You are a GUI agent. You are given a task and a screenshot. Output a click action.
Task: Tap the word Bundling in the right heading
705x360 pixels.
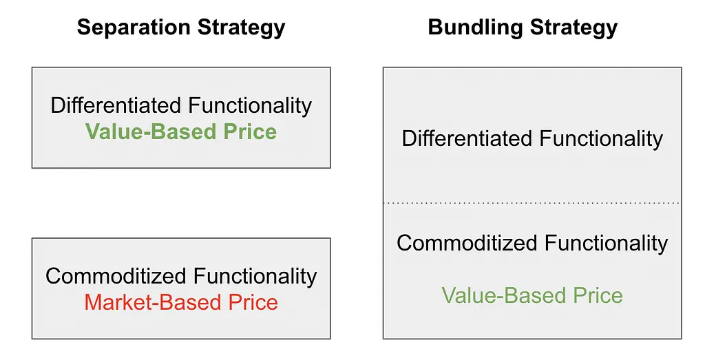pyautogui.click(x=475, y=28)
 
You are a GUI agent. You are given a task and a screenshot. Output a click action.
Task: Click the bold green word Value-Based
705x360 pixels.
pyautogui.click(x=145, y=131)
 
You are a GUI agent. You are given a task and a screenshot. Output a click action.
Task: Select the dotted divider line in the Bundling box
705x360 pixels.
pyautogui.click(x=532, y=203)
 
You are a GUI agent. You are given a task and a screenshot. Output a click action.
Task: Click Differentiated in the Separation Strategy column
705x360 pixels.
pyautogui.click(x=116, y=105)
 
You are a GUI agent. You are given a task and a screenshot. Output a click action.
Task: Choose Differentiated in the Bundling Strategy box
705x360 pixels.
pyautogui.click(x=467, y=138)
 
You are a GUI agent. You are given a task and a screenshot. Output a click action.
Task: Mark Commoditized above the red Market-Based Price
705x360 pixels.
pyautogui.click(x=116, y=275)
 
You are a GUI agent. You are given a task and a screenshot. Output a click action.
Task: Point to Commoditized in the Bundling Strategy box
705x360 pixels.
pyautogui.click(x=467, y=243)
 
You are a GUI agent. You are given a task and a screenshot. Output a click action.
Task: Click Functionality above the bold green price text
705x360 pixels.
pyautogui.click(x=249, y=106)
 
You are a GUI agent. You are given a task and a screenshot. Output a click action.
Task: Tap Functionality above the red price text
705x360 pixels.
pyautogui.click(x=255, y=277)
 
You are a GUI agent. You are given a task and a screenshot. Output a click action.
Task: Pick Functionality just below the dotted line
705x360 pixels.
pyautogui.click(x=606, y=244)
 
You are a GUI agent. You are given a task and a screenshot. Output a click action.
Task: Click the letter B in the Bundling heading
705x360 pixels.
pyautogui.click(x=435, y=28)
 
